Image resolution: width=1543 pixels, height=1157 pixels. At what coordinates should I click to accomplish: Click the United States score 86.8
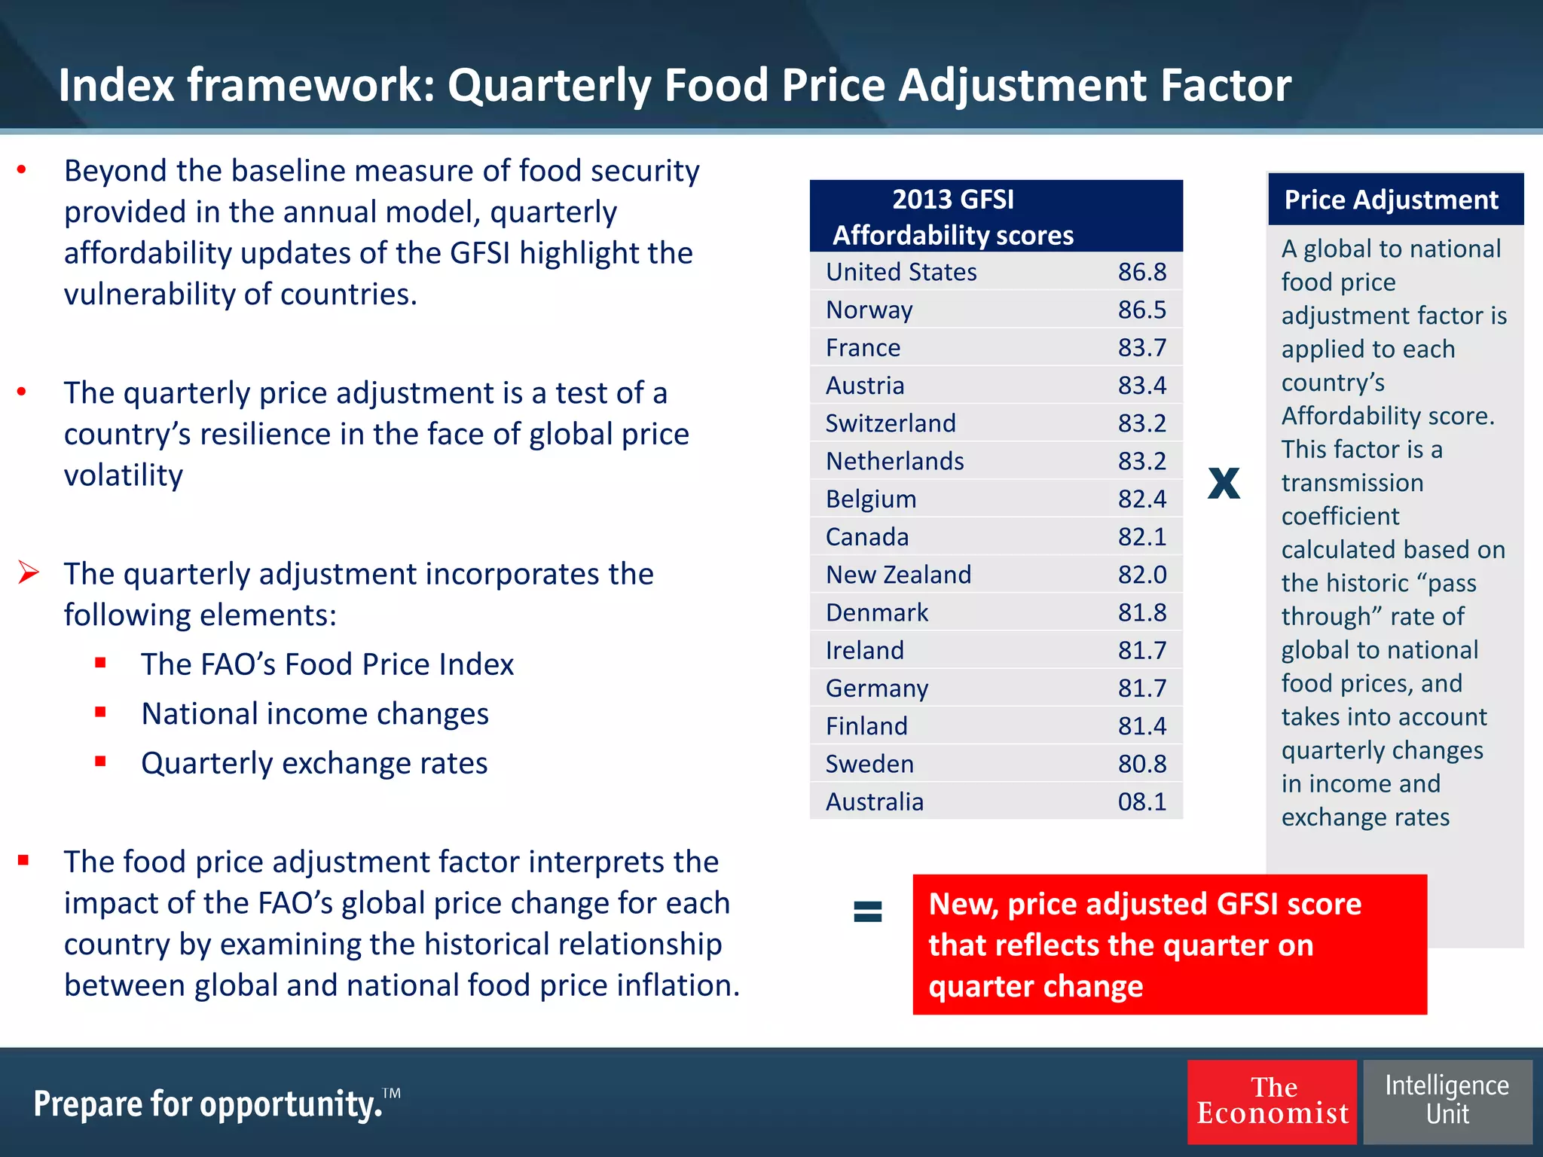click(x=1141, y=272)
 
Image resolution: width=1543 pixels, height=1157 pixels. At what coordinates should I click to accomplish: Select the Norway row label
click(x=869, y=310)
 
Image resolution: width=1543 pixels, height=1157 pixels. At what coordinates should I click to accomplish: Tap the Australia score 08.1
click(x=1141, y=801)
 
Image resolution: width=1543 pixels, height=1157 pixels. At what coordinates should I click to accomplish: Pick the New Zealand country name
click(x=898, y=575)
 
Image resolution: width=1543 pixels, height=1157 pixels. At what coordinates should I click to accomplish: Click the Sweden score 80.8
click(x=1141, y=764)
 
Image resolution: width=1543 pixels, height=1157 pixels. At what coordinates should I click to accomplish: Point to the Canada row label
click(x=867, y=537)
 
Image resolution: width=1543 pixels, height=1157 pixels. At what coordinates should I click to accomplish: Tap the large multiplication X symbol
click(x=1224, y=483)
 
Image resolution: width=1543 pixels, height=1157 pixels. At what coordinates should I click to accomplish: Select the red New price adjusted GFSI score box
click(x=1169, y=945)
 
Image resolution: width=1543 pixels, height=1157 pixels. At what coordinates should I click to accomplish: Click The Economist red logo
click(x=1272, y=1101)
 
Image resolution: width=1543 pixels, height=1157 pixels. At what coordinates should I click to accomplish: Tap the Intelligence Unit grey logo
click(x=1447, y=1101)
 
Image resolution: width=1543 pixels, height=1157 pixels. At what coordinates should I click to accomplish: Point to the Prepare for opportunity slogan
click(x=209, y=1104)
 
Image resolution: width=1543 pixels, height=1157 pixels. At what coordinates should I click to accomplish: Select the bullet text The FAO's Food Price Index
click(x=327, y=664)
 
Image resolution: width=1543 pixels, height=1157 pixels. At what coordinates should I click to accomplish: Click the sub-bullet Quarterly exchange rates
click(x=314, y=763)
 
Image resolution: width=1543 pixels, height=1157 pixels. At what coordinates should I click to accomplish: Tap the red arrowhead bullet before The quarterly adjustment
click(x=29, y=572)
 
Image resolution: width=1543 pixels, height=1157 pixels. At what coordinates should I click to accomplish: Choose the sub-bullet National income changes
click(x=315, y=713)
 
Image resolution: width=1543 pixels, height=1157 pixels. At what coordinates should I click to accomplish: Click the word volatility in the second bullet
click(x=124, y=475)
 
